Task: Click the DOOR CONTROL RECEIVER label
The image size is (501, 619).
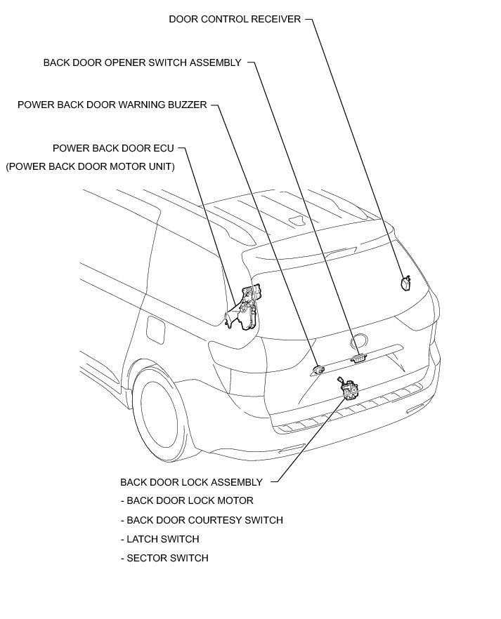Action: pos(235,20)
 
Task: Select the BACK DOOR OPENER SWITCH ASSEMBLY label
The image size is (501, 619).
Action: pos(142,62)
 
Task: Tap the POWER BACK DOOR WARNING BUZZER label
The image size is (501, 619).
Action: pos(112,105)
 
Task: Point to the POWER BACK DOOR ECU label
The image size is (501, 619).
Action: pos(113,149)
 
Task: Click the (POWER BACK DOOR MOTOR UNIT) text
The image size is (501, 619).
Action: pos(90,167)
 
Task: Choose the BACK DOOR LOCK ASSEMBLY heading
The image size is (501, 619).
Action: pos(191,482)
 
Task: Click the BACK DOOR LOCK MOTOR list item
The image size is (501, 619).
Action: pos(187,501)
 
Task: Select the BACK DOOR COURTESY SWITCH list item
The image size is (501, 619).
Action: pos(202,520)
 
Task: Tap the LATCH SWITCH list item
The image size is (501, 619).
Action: pos(160,539)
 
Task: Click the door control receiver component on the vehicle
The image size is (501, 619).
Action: pos(405,283)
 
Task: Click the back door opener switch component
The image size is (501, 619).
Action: pos(358,358)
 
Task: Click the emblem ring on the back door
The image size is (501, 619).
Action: pos(358,342)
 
